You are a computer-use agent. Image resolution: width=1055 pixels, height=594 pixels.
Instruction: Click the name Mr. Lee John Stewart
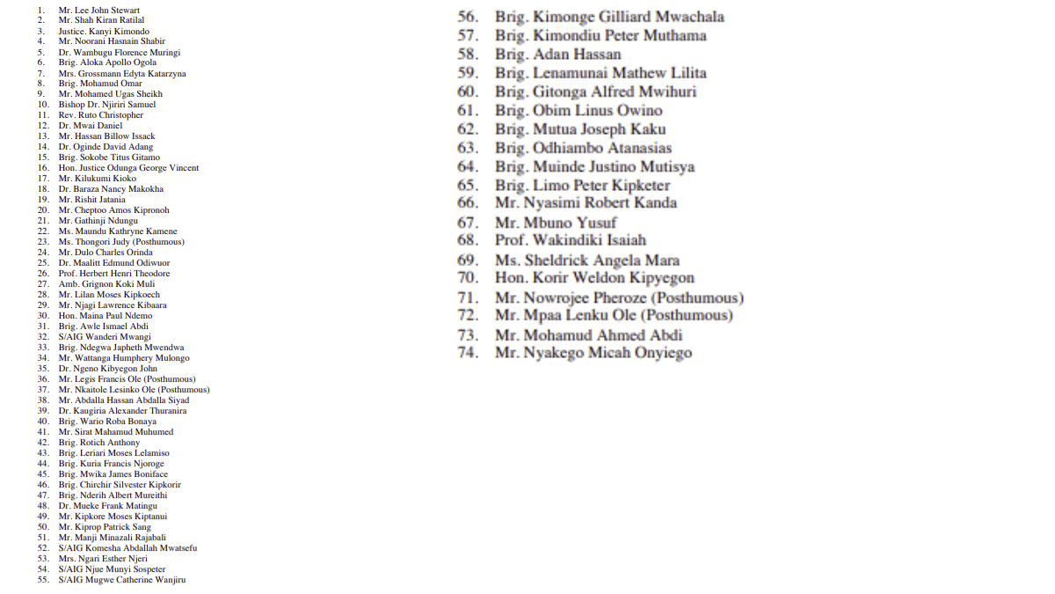point(99,10)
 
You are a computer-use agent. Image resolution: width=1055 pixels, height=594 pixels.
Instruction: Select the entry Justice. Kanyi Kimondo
point(104,31)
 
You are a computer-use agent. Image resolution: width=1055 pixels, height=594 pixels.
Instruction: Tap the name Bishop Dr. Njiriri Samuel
point(107,105)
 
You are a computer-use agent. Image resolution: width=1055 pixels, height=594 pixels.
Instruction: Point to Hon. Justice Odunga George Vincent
point(128,168)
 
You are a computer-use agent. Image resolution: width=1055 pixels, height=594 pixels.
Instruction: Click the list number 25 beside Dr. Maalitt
point(42,263)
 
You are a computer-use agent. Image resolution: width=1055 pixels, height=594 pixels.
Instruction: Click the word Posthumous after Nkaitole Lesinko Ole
point(185,390)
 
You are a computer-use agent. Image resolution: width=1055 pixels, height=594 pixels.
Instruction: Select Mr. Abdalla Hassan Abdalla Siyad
point(124,400)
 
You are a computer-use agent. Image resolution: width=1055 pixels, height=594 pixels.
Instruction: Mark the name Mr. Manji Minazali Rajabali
point(113,538)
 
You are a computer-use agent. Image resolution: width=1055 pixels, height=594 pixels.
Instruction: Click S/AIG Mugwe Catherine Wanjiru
point(122,580)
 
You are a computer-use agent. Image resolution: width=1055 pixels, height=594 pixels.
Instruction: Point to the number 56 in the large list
point(468,17)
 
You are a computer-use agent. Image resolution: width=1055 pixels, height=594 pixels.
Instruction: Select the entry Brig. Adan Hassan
point(558,55)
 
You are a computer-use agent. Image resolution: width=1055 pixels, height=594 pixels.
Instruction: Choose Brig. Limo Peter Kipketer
point(583,186)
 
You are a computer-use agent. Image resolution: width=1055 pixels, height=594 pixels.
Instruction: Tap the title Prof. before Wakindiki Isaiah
point(511,240)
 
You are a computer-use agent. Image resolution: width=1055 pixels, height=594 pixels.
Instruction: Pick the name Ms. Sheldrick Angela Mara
point(587,260)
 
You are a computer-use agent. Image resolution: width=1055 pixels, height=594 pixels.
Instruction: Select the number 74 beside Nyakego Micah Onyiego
point(468,353)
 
